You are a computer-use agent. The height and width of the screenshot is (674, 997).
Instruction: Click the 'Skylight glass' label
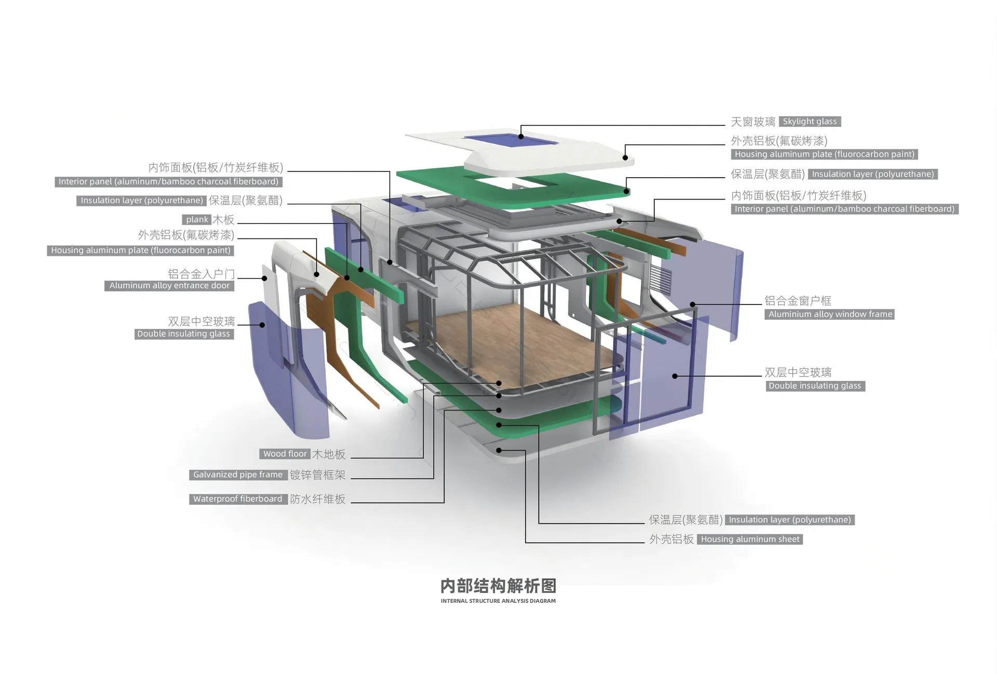[809, 122]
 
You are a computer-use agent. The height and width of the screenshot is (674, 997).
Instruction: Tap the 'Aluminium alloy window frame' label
[830, 314]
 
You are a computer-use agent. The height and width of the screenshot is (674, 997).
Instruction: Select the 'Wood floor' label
[285, 454]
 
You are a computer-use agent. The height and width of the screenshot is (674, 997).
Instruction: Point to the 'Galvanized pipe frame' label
[237, 475]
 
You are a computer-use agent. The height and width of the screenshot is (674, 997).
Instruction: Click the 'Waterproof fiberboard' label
[237, 499]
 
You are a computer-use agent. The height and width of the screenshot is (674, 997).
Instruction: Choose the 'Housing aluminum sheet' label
[750, 539]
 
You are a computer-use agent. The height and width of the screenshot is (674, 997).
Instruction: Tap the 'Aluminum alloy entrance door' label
[169, 286]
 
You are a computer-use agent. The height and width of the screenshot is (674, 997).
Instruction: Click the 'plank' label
[197, 220]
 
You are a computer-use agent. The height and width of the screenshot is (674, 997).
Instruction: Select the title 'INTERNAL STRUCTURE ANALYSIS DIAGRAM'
[498, 601]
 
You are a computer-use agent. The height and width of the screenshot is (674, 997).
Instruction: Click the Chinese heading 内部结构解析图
[498, 586]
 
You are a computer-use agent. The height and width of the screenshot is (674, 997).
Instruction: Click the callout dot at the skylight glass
[521, 137]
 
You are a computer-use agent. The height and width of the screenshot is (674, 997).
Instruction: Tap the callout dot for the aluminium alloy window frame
[693, 305]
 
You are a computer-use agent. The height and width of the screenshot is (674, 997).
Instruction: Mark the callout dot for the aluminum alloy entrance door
[264, 279]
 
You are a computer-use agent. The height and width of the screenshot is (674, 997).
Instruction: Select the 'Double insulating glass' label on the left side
[183, 334]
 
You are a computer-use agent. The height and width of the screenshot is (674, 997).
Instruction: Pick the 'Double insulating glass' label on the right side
[815, 386]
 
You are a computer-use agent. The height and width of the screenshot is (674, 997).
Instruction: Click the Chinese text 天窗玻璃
[753, 122]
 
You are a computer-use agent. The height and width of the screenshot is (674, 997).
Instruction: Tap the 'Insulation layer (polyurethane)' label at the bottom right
[790, 520]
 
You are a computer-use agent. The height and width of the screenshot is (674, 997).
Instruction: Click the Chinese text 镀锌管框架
[317, 475]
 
